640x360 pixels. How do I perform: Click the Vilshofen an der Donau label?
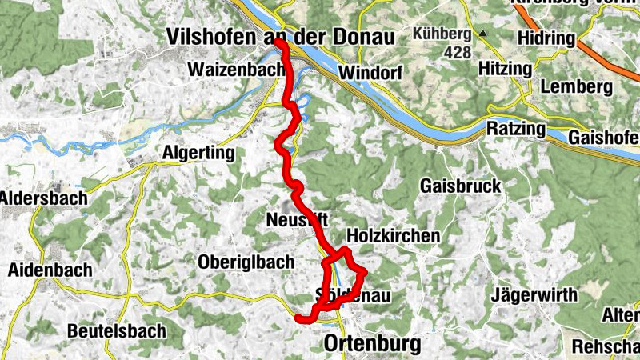click(x=282, y=37)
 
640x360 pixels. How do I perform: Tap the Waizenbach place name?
click(x=236, y=70)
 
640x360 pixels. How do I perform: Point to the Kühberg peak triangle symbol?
click(x=483, y=34)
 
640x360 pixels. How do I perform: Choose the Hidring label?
click(x=546, y=39)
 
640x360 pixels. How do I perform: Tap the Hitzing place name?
click(x=505, y=70)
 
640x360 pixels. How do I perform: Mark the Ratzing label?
click(x=516, y=129)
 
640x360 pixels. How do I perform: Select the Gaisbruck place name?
click(x=460, y=186)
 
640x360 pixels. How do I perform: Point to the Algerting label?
click(x=198, y=153)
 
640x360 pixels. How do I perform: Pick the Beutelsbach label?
click(x=117, y=330)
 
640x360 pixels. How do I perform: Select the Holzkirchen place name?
click(x=393, y=236)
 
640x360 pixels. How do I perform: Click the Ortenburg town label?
click(x=372, y=345)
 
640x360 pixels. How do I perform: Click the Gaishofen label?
click(x=603, y=138)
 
